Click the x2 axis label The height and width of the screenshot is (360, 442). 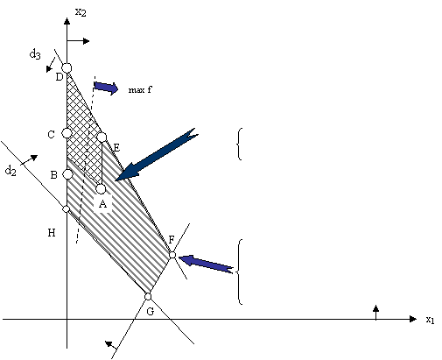(x=81, y=12)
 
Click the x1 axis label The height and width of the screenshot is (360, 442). (x=430, y=320)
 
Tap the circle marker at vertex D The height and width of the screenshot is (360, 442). (x=67, y=68)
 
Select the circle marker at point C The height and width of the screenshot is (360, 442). (x=67, y=133)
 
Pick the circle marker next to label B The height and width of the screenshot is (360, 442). (x=67, y=174)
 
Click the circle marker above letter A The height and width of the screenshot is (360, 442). (x=101, y=189)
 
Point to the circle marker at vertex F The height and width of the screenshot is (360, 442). (x=172, y=255)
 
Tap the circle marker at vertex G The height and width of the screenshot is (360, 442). (x=148, y=297)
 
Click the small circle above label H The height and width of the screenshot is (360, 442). (x=67, y=209)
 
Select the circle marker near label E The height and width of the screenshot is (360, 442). (x=102, y=137)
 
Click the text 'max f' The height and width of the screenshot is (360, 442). (x=140, y=89)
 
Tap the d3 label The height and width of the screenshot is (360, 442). (x=35, y=54)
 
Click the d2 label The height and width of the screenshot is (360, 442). (x=11, y=170)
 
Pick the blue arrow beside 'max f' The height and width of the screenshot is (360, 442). (x=106, y=87)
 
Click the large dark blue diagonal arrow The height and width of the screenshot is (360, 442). (x=156, y=155)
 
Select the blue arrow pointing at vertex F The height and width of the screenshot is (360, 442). (x=206, y=264)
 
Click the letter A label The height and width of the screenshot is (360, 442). (x=102, y=204)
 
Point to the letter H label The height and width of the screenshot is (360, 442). (x=52, y=233)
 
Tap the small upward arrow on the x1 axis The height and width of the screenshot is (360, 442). (x=375, y=312)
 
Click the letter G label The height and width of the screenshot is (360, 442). (x=150, y=312)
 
